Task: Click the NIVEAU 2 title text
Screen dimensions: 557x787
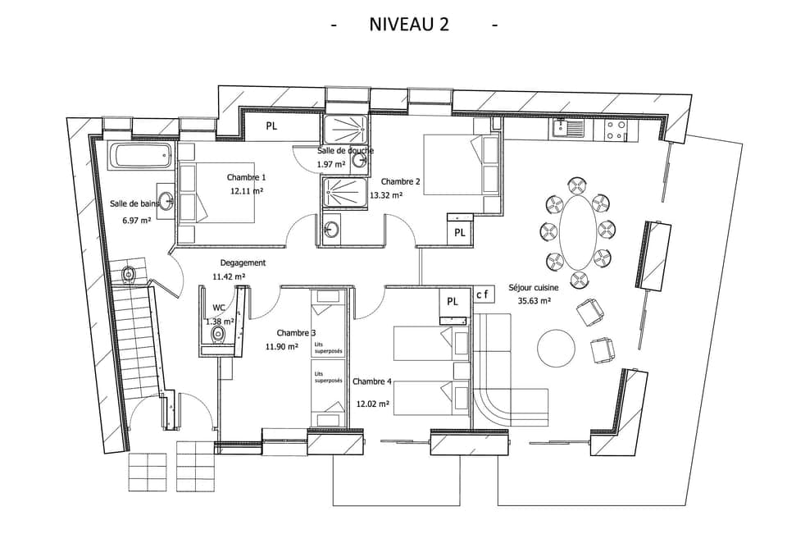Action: pos(409,24)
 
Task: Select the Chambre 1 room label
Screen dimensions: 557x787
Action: pos(246,177)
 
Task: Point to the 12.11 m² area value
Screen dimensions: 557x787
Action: pos(246,191)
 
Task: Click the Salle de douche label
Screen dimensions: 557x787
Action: pos(345,151)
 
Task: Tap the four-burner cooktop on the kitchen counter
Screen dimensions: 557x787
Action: pos(616,130)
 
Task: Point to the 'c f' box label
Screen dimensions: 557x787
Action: pos(484,294)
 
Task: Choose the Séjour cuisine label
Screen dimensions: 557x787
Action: pos(533,287)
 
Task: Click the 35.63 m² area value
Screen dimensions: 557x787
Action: pos(534,301)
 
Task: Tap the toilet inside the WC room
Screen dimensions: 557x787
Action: pos(218,336)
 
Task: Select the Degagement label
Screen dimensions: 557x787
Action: pos(243,263)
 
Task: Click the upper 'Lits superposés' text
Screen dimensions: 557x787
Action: pos(328,348)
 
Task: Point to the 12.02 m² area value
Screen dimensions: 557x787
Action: pos(372,404)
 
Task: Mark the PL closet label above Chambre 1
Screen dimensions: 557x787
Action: pos(271,126)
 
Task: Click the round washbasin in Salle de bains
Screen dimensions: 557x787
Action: pos(167,202)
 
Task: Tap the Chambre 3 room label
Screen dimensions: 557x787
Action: pos(296,332)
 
